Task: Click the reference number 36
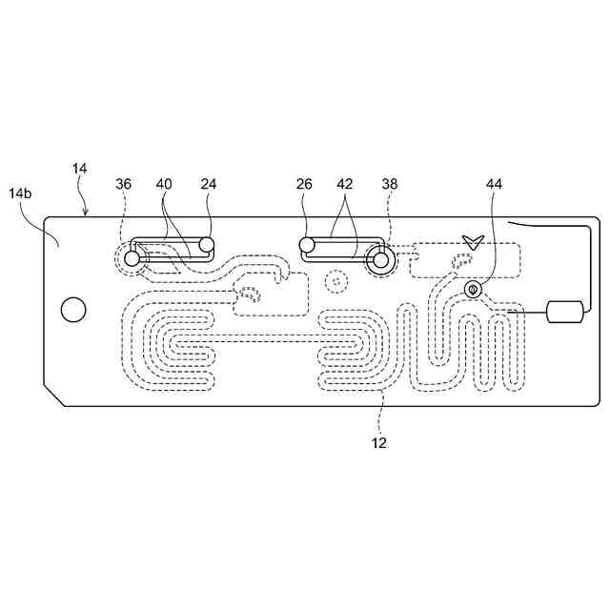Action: pos(124,184)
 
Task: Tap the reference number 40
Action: pos(164,184)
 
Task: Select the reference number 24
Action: pos(210,184)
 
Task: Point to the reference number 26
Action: pos(305,184)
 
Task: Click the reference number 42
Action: pos(345,184)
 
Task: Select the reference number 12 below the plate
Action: pos(380,442)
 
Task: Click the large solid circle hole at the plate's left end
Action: pos(72,309)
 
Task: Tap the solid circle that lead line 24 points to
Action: pos(206,245)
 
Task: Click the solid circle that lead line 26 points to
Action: pos(306,245)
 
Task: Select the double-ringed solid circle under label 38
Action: pos(382,258)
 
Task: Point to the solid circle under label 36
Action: pos(132,254)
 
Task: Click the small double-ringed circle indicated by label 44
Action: pos(472,289)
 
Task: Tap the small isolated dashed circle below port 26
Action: pos(334,281)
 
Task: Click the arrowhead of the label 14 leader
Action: pos(87,215)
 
